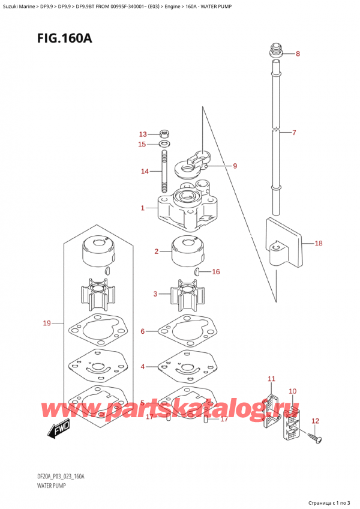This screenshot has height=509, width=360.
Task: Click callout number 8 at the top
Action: (x=298, y=54)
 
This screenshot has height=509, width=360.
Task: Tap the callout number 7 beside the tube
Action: (x=294, y=133)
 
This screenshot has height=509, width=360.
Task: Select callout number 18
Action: (x=318, y=244)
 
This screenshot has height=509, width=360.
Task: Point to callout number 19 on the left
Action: (x=47, y=324)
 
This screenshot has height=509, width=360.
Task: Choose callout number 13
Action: (x=142, y=134)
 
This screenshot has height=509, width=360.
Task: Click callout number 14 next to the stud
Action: (x=144, y=172)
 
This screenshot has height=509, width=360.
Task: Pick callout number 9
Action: (x=235, y=166)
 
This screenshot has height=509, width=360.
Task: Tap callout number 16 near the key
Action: (x=215, y=272)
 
